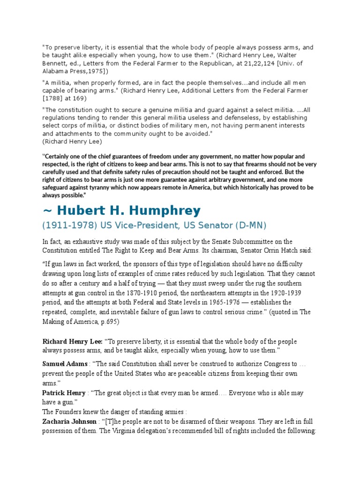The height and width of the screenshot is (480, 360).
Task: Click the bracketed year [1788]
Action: (55, 98)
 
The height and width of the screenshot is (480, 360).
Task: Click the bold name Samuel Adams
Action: (65, 364)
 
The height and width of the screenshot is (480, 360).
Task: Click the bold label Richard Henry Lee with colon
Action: (73, 341)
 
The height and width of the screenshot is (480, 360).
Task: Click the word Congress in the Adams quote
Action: (274, 364)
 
